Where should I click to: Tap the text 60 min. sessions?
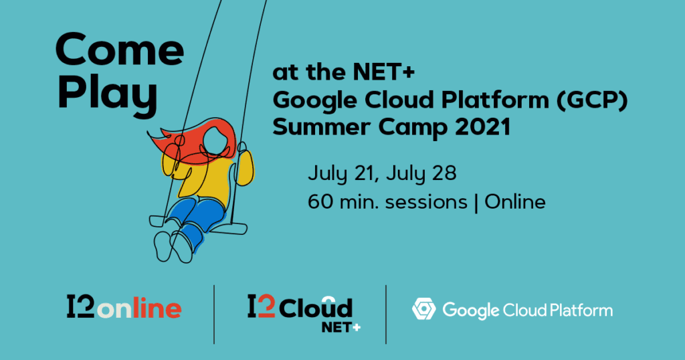[388, 201]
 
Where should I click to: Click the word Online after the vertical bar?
[514, 201]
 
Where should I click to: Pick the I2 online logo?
[124, 308]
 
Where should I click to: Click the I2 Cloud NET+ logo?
[300, 311]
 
